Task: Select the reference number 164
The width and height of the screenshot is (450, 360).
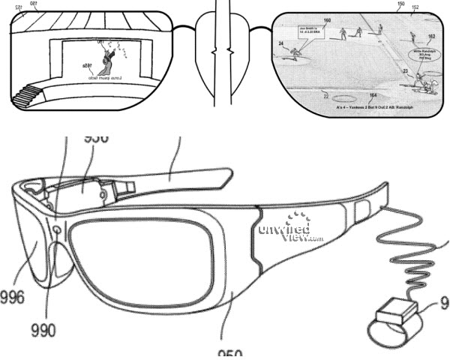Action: point(373,95)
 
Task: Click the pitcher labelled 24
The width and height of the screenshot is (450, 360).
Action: point(296,53)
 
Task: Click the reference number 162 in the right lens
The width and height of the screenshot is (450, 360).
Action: point(430,35)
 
